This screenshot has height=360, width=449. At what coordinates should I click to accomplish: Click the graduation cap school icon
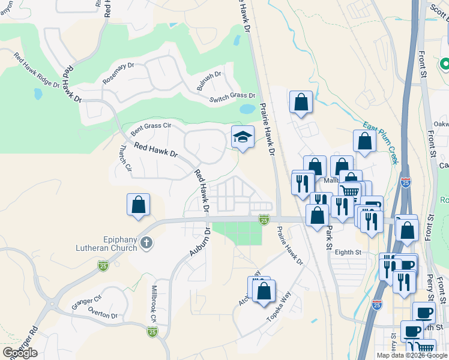point(243,137)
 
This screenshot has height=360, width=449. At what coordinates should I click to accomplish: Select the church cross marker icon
point(146,243)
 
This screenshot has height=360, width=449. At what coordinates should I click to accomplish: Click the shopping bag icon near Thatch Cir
point(139,205)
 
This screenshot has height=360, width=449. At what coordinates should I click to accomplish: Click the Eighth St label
point(349,253)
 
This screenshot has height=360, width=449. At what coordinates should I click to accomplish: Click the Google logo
point(19,353)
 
